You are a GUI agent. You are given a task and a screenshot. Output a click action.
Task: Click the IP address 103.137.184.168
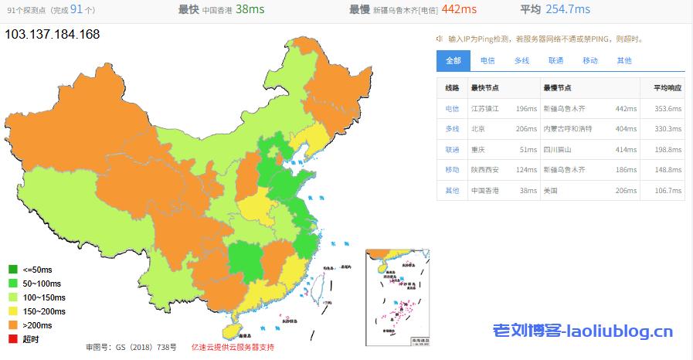[x=53, y=35]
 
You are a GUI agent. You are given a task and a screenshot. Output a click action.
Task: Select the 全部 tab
[x=454, y=60]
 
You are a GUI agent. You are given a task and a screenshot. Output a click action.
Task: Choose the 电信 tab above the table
[x=487, y=60]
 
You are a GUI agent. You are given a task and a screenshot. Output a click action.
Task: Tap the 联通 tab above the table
[x=555, y=60]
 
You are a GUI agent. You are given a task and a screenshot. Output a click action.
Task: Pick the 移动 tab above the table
[x=589, y=60]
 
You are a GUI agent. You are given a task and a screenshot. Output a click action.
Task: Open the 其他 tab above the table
[x=623, y=60]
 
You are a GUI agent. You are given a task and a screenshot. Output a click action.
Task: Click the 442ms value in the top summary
[x=459, y=9]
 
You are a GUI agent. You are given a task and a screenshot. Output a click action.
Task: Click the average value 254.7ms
[x=566, y=9]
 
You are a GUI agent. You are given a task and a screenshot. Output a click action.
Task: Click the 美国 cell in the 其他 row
[x=550, y=190]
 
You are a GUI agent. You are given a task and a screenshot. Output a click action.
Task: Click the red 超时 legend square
[x=12, y=339]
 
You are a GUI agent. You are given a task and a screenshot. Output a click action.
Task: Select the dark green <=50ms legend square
[x=12, y=270]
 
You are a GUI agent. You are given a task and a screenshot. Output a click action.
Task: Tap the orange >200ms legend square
[x=12, y=325]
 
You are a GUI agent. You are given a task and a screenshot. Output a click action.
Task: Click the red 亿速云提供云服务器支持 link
[x=233, y=347]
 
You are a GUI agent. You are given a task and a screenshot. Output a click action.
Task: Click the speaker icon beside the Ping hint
[x=439, y=38]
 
